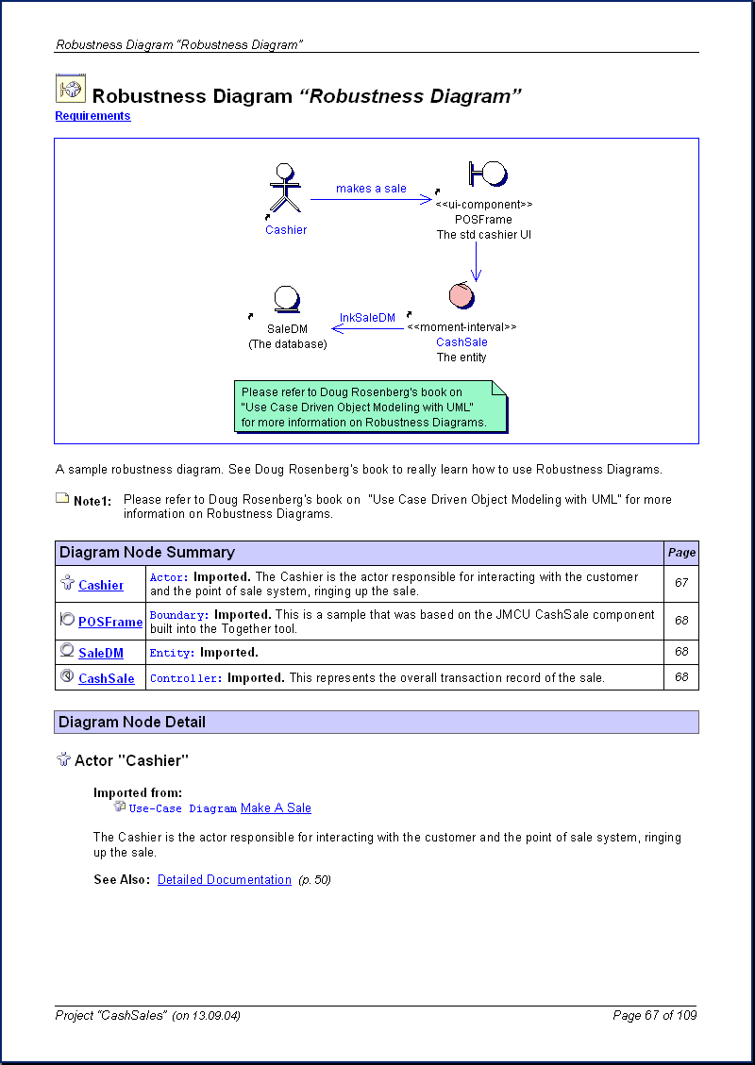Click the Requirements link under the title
[x=92, y=116]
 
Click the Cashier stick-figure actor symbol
[x=284, y=190]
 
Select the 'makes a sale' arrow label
[x=371, y=189]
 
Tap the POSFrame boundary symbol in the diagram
[x=487, y=175]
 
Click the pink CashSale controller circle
[x=461, y=295]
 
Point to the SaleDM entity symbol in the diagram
[x=286, y=300]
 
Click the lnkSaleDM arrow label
[x=367, y=318]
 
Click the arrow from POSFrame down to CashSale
[x=476, y=261]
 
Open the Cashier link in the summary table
[x=101, y=586]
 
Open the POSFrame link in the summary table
[x=110, y=622]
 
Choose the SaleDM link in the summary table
[x=101, y=653]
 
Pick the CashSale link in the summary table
[x=107, y=678]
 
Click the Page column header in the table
[x=681, y=553]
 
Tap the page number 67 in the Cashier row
[x=681, y=583]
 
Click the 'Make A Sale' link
[x=276, y=808]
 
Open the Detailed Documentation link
[x=225, y=880]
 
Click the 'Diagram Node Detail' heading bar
[x=377, y=723]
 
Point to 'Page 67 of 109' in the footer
[x=654, y=1016]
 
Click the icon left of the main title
[x=70, y=89]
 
